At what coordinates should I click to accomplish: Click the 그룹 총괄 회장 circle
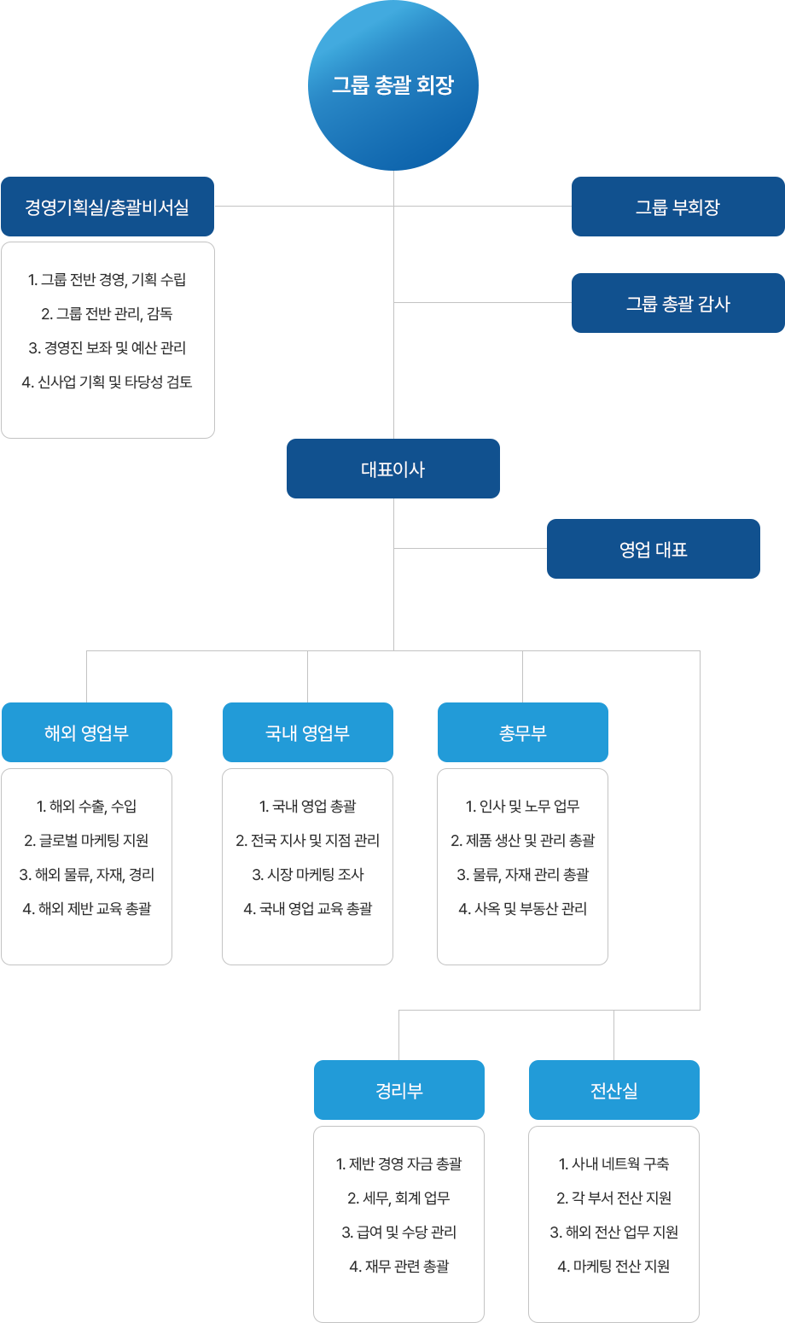point(393,85)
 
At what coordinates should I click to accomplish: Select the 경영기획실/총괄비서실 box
point(108,207)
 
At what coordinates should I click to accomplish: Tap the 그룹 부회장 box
point(678,207)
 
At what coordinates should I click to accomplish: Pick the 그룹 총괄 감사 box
point(678,303)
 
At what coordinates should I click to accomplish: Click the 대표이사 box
point(393,469)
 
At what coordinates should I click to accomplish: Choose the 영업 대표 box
point(654,549)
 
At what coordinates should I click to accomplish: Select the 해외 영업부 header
point(87,732)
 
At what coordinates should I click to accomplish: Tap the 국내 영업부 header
point(307,732)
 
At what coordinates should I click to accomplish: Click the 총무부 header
point(523,732)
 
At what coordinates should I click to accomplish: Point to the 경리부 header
point(399,1090)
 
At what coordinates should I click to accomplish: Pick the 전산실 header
point(613,1090)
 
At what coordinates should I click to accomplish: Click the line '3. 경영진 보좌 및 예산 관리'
point(108,348)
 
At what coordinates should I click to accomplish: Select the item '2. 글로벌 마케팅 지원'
point(87,841)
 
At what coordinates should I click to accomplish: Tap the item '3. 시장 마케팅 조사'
point(307,875)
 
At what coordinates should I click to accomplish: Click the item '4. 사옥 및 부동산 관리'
point(523,908)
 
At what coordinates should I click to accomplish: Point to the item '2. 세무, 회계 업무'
point(399,1198)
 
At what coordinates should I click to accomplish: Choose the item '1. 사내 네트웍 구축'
point(613,1163)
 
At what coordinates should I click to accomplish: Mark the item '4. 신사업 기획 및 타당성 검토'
point(108,382)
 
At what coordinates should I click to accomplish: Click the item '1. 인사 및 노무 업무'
point(523,807)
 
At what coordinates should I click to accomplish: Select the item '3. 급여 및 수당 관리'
point(399,1232)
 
